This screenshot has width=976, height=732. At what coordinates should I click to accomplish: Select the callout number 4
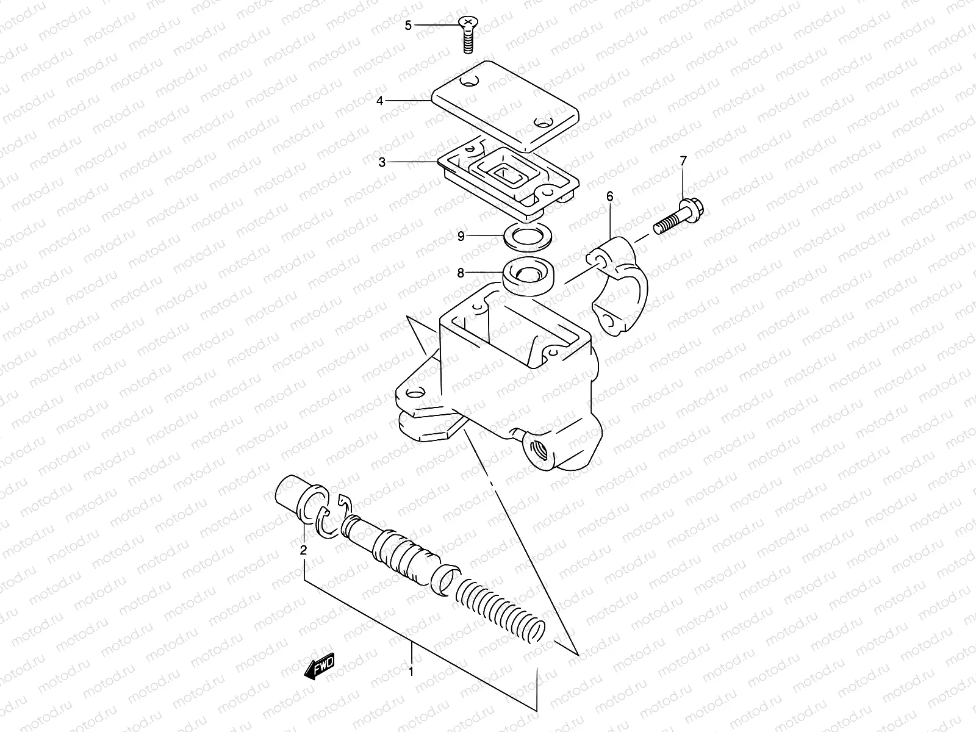[x=379, y=101]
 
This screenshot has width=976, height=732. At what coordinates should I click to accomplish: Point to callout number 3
[x=382, y=162]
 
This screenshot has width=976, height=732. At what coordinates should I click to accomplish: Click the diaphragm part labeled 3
[x=506, y=177]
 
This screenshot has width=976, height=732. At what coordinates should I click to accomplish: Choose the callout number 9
[x=461, y=235]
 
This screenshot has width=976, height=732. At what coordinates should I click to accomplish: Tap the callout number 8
[x=461, y=274]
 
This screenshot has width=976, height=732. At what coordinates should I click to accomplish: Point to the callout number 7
[x=683, y=161]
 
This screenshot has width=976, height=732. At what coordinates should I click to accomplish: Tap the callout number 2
[x=303, y=550]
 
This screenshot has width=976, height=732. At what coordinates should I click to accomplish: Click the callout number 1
[x=411, y=672]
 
